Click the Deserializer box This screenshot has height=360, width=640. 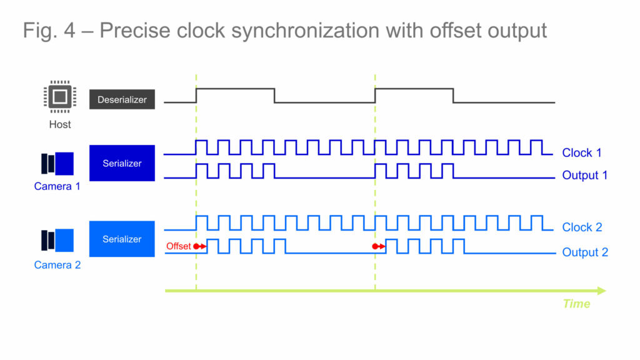tap(122, 99)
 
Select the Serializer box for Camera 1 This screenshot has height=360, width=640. tap(122, 164)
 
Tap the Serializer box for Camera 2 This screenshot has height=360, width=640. tap(122, 239)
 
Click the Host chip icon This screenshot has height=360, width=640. tap(59, 97)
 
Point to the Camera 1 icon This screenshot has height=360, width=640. tap(57, 164)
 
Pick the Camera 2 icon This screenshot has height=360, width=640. tap(57, 241)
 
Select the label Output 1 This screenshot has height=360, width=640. tap(584, 176)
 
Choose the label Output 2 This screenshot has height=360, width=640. tap(584, 252)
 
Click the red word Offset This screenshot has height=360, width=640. tap(178, 246)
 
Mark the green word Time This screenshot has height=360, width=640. tap(576, 304)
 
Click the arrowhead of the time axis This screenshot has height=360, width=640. tap(601, 291)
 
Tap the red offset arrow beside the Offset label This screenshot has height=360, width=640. tap(200, 246)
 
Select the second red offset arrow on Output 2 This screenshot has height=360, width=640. tap(379, 246)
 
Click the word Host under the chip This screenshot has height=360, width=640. tap(60, 124)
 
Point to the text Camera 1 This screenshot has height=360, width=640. tap(57, 186)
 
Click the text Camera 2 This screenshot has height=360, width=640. tap(57, 265)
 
